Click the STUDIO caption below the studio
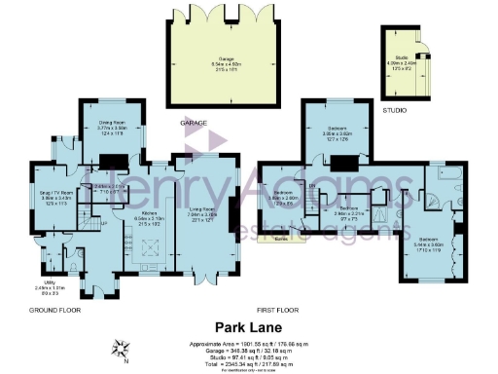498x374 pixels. [394, 111]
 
